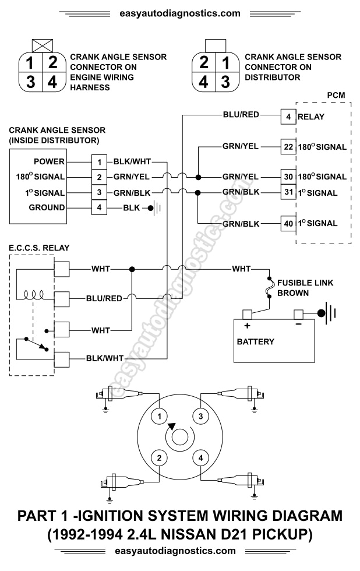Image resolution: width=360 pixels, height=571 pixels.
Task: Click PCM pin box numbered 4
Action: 288,117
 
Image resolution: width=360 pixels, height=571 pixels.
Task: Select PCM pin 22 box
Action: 288,146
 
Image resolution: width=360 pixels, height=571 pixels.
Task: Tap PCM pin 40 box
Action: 288,224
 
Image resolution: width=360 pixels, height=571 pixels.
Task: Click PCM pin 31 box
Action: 288,192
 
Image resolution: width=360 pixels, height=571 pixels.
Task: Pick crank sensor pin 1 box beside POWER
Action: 100,162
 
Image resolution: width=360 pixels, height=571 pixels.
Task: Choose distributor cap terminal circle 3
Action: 200,416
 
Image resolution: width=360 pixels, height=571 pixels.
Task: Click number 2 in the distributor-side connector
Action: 204,62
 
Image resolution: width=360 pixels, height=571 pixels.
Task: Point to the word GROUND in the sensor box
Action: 47,207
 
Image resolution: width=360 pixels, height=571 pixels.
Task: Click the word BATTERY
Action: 255,341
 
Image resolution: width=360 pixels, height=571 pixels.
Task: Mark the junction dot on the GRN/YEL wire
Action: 199,177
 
